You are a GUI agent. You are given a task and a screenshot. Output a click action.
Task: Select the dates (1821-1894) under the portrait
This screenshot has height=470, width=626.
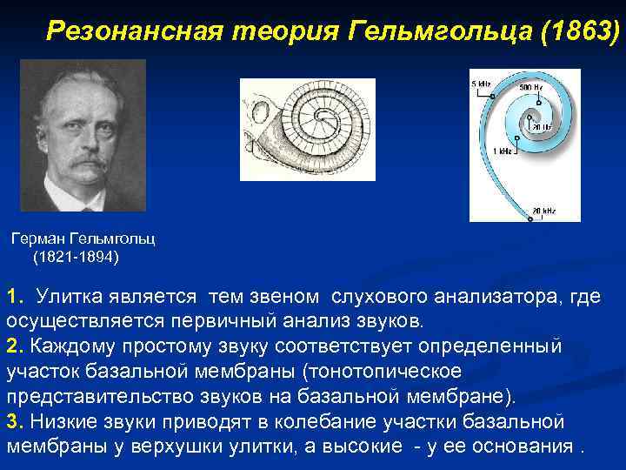[77, 258]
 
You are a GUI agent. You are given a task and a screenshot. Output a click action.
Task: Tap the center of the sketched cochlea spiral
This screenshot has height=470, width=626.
[327, 117]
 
